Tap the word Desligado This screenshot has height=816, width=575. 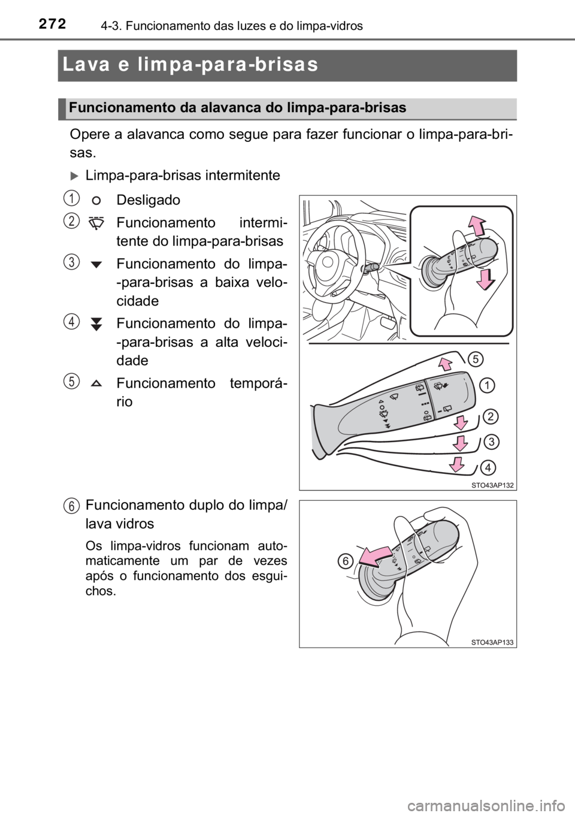pyautogui.click(x=148, y=200)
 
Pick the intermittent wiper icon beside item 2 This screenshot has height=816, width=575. pyautogui.click(x=96, y=223)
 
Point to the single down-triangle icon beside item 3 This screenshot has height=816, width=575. pyautogui.click(x=96, y=264)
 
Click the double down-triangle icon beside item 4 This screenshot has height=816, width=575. pyautogui.click(x=96, y=324)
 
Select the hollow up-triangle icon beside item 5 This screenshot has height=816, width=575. pyautogui.click(x=96, y=383)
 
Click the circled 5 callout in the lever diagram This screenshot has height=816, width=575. pyautogui.click(x=476, y=359)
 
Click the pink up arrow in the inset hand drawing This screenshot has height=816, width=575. pyautogui.click(x=476, y=225)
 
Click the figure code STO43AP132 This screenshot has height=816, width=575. pyautogui.click(x=492, y=485)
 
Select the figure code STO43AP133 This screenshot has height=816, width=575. pyautogui.click(x=492, y=643)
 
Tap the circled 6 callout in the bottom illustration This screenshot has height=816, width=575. pyautogui.click(x=346, y=561)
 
